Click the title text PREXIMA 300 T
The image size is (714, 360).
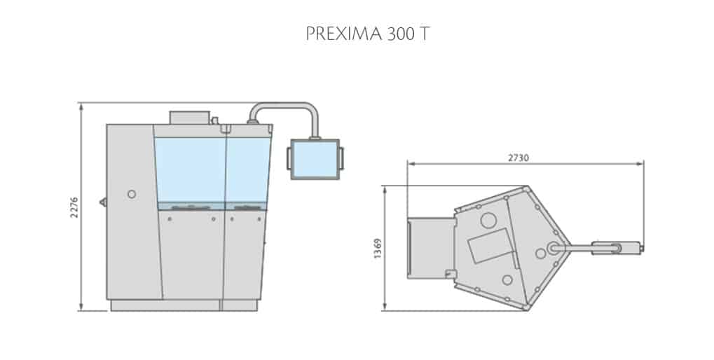357,35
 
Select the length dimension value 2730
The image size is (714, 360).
519,158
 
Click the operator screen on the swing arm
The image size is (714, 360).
315,159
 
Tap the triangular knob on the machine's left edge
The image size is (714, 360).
103,202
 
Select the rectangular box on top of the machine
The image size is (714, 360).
189,117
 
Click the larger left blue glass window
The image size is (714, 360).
190,168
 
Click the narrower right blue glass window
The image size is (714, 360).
247,168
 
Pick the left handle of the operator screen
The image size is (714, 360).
288,159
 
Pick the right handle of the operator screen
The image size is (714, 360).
341,159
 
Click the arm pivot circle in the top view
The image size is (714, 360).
554,247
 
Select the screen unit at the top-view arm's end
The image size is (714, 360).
607,247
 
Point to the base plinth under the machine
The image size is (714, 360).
182,305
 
